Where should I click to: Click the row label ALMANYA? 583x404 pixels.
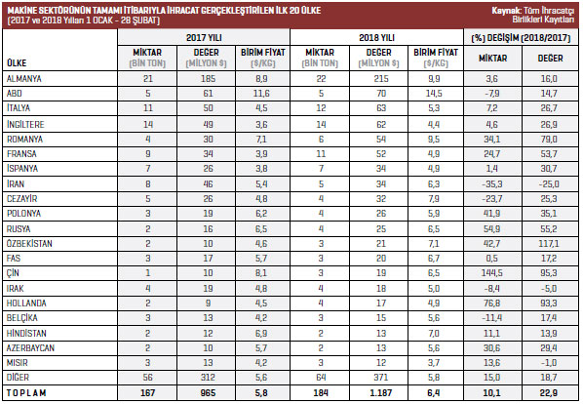[x=24, y=79]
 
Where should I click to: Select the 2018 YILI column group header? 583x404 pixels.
[x=376, y=38]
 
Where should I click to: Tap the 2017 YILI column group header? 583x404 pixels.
[x=204, y=38]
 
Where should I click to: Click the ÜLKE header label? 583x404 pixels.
[x=17, y=62]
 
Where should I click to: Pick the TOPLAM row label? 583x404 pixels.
[x=26, y=393]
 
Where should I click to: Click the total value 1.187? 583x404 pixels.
[x=381, y=393]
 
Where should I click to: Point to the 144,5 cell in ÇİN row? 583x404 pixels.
[x=492, y=273]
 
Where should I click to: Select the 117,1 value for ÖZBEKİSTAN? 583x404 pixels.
[x=550, y=244]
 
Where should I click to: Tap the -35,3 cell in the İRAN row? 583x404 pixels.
[x=492, y=184]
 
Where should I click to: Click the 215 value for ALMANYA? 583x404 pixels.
[x=381, y=79]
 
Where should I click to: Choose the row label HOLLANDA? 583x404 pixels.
[x=26, y=303]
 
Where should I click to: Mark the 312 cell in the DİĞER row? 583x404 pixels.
[x=208, y=378]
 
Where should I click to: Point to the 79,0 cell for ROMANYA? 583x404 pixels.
[x=549, y=140]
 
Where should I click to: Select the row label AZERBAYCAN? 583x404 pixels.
[x=30, y=347]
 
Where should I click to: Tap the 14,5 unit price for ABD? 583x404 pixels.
[x=434, y=94]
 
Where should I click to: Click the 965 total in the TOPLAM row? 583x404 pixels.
[x=208, y=393]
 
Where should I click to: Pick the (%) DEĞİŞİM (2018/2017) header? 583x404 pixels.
[x=521, y=38]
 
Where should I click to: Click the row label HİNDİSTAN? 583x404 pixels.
[x=26, y=333]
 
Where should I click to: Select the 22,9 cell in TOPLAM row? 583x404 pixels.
[x=549, y=393]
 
